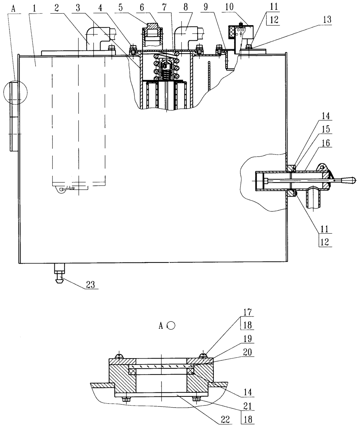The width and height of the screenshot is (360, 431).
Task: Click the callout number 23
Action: coord(90,284)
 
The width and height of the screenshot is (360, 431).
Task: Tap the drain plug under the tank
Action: coord(60,273)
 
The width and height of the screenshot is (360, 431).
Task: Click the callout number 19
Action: coord(248,338)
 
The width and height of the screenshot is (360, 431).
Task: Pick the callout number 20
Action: coord(248,352)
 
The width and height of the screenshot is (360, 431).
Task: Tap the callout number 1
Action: coord(34,8)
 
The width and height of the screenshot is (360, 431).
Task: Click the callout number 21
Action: coord(248,406)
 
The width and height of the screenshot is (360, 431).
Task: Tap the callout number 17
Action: coord(248,312)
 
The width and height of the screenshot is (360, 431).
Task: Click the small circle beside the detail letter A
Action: coord(172,326)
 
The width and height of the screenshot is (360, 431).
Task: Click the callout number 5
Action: coord(121,7)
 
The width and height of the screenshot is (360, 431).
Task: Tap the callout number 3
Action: coord(78,8)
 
